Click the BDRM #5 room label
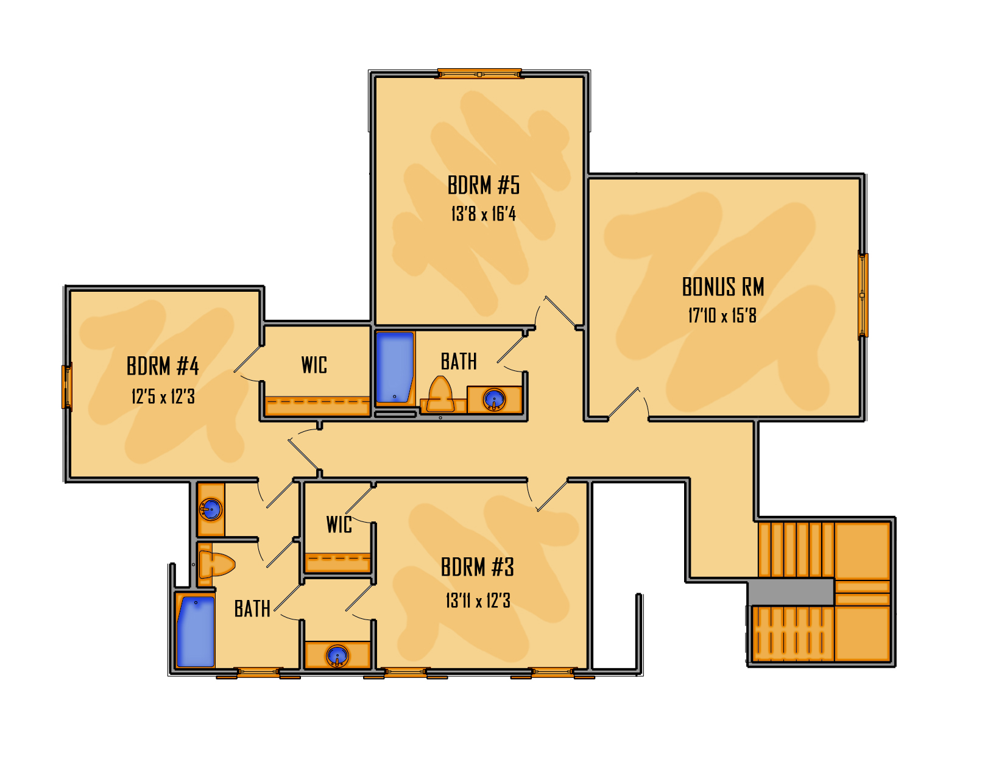[x=483, y=185]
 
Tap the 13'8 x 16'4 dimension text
[x=483, y=214]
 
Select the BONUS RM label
[x=723, y=287]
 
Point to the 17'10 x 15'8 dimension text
[x=722, y=316]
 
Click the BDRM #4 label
[x=163, y=366]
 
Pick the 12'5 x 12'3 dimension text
[x=163, y=397]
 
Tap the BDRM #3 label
[x=478, y=567]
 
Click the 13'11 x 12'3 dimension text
[x=478, y=601]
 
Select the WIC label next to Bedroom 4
[x=314, y=365]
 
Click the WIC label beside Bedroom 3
[x=339, y=525]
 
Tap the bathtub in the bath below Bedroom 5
[x=395, y=367]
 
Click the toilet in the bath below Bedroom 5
[x=440, y=394]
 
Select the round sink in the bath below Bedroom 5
[x=494, y=400]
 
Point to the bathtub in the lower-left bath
[x=196, y=632]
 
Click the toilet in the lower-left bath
[x=217, y=565]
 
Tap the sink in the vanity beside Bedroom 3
[x=337, y=656]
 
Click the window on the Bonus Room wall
[x=863, y=295]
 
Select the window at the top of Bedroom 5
[x=479, y=74]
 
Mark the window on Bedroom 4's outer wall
[x=67, y=386]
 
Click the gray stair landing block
[x=791, y=592]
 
